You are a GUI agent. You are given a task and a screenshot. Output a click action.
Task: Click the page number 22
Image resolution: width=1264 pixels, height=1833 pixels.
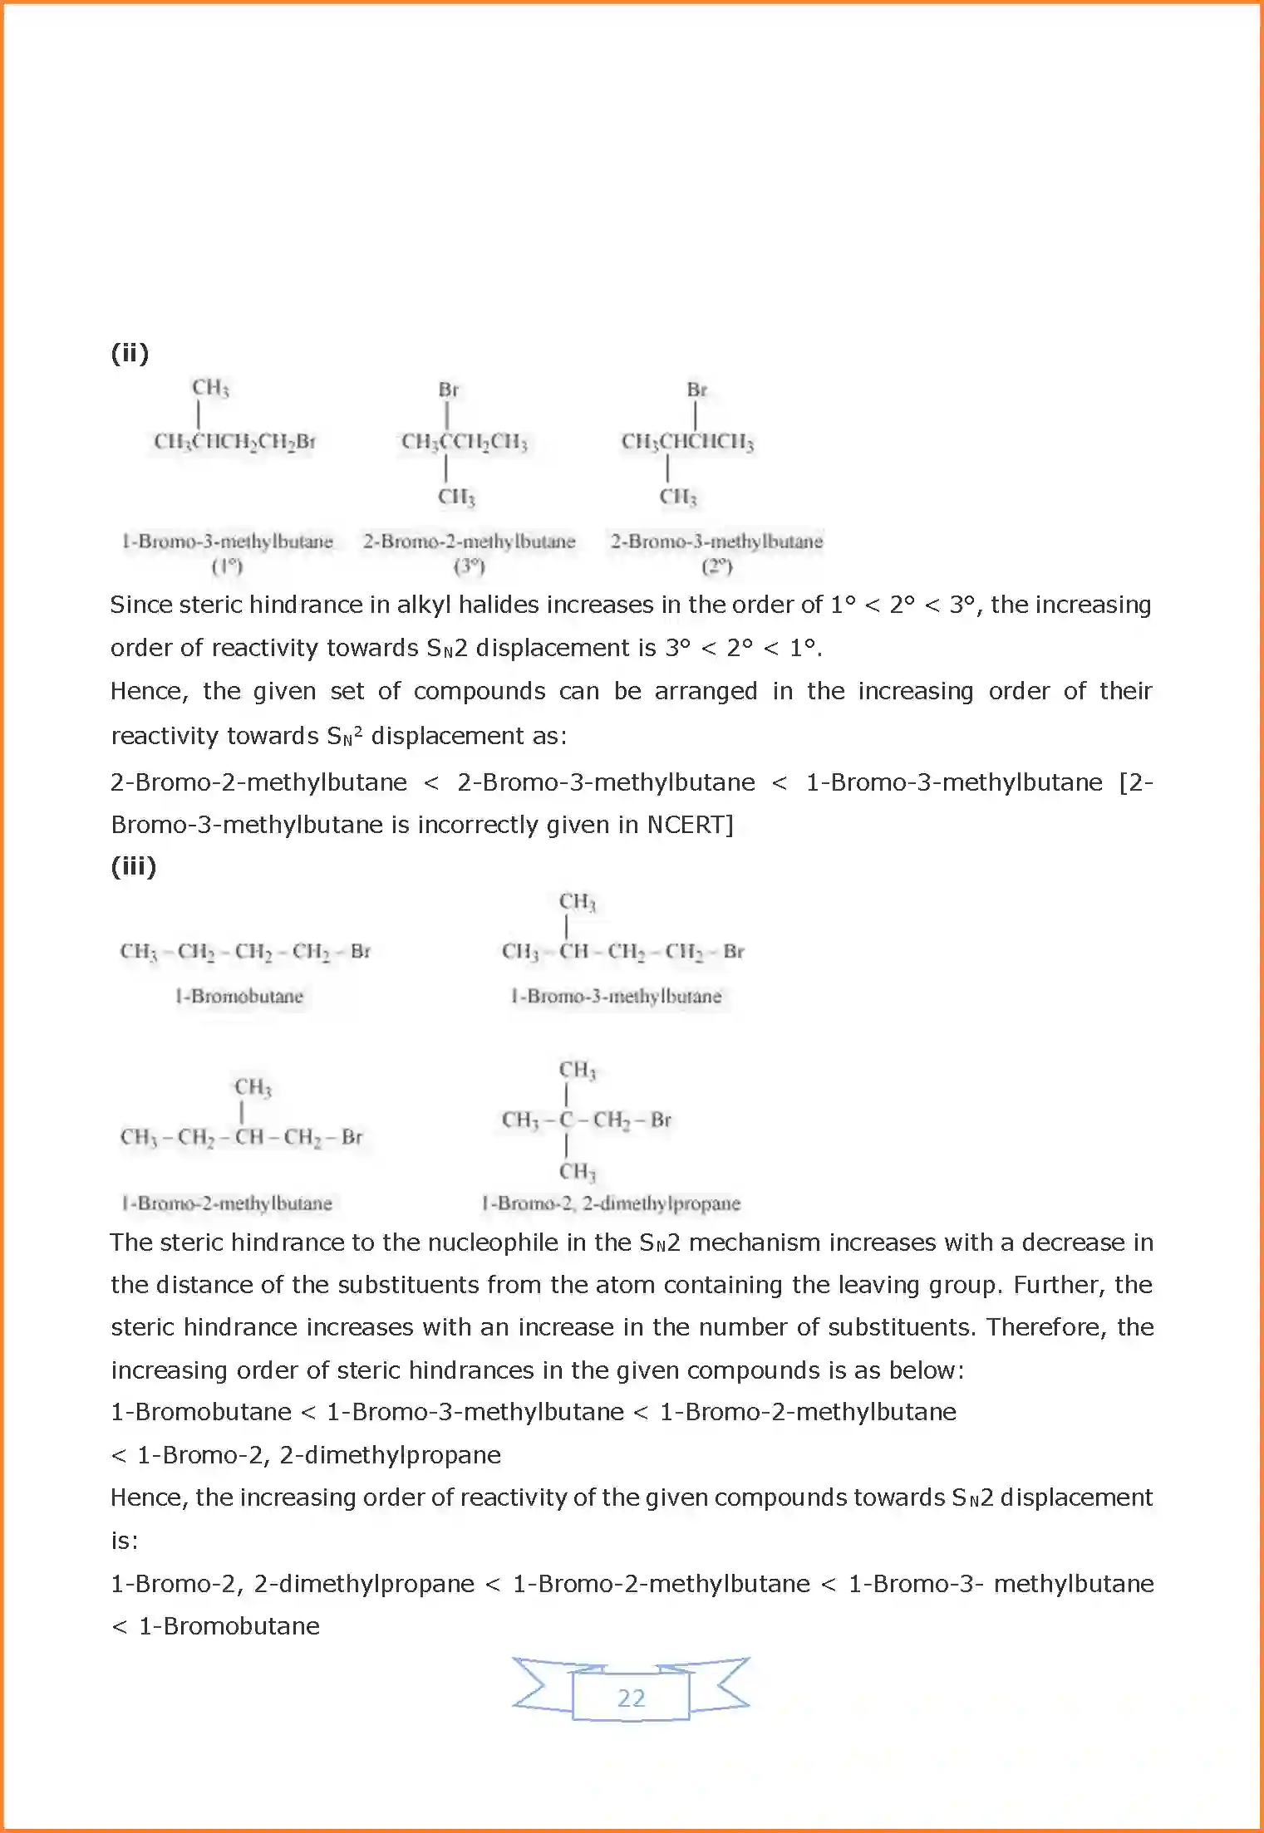[x=631, y=1698]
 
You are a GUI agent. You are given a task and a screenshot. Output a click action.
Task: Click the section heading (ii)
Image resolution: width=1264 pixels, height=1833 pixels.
[x=130, y=353]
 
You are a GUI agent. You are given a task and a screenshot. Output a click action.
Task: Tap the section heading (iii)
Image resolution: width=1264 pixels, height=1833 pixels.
[x=134, y=866]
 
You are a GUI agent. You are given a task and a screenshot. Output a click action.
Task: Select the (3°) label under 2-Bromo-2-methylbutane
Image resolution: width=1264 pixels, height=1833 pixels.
[x=470, y=566]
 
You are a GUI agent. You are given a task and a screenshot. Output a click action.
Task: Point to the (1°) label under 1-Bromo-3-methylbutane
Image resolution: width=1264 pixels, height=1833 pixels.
[x=227, y=566]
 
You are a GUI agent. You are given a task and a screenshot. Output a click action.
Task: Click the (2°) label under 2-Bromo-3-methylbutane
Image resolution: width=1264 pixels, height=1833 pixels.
[x=716, y=566]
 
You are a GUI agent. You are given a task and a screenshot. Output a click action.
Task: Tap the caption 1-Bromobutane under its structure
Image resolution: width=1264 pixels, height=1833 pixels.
[x=239, y=996]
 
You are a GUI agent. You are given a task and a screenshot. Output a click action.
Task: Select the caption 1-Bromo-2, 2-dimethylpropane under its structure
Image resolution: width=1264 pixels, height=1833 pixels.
[x=611, y=1203]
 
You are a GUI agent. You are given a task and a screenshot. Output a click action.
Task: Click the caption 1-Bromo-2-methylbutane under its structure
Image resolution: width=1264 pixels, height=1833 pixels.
[x=227, y=1203]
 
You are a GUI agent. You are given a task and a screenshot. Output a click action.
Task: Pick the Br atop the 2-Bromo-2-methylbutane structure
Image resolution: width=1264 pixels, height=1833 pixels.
[x=448, y=390]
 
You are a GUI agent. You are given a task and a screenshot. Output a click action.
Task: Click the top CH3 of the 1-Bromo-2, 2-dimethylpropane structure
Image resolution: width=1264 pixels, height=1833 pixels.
[x=577, y=1070]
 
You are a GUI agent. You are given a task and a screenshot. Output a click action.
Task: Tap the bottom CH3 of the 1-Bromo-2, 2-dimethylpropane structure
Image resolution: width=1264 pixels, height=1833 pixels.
[x=577, y=1172]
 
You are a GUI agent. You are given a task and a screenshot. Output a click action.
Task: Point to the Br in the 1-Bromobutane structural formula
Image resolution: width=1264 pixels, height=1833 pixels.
[x=360, y=951]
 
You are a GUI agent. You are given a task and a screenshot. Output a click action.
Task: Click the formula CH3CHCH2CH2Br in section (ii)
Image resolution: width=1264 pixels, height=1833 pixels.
[x=234, y=442]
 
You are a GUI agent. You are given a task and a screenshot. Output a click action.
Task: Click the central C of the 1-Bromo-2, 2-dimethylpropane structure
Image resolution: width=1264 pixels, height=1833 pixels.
[x=567, y=1120]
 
